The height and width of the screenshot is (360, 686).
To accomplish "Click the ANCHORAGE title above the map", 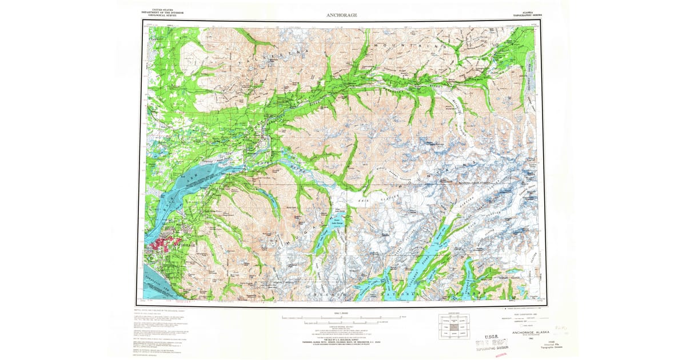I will click(341, 15).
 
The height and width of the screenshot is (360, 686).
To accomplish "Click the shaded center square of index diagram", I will click(454, 327).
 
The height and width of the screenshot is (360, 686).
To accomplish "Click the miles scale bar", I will click(341, 317).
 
